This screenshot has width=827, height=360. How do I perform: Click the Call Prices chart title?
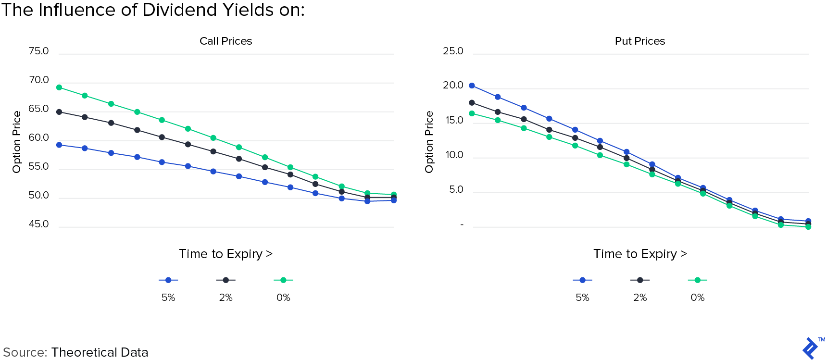pyautogui.click(x=226, y=41)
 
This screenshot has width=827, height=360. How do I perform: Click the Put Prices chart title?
pyautogui.click(x=639, y=41)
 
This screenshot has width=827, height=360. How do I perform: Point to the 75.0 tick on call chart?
pyautogui.click(x=38, y=51)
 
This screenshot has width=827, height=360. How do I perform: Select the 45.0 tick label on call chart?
pyautogui.click(x=38, y=224)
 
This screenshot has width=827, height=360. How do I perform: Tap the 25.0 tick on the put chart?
pyautogui.click(x=453, y=51)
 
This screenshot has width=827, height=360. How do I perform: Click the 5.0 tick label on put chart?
pyautogui.click(x=456, y=189)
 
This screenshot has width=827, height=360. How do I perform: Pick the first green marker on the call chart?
pyautogui.click(x=59, y=87)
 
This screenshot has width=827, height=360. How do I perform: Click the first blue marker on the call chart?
pyautogui.click(x=59, y=145)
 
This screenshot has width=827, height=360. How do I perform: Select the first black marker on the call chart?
pyautogui.click(x=59, y=112)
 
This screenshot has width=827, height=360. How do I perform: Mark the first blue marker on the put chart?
pyautogui.click(x=472, y=86)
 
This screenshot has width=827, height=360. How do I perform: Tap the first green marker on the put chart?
pyautogui.click(x=472, y=113)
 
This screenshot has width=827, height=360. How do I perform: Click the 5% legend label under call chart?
pyautogui.click(x=168, y=298)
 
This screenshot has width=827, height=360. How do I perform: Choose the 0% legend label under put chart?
pyautogui.click(x=697, y=298)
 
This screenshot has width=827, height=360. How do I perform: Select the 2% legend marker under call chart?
pyautogui.click(x=226, y=280)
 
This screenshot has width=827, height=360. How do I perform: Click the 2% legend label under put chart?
pyautogui.click(x=639, y=298)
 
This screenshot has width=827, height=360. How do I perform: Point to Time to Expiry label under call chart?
pyautogui.click(x=226, y=254)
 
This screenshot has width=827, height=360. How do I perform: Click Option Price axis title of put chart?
pyautogui.click(x=429, y=142)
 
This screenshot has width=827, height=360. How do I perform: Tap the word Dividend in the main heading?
pyautogui.click(x=178, y=10)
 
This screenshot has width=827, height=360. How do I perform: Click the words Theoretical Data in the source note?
pyautogui.click(x=100, y=352)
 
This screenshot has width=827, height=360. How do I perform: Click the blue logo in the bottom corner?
pyautogui.click(x=810, y=348)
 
